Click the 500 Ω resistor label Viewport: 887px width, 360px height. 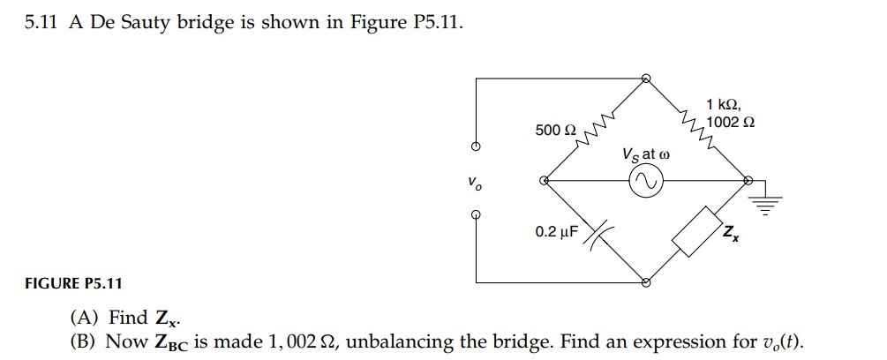(x=555, y=131)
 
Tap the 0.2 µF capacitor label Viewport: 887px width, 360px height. (x=556, y=232)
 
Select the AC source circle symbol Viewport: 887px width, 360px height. (x=645, y=181)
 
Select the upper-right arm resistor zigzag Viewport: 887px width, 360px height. (x=695, y=127)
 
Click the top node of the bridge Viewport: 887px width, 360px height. (x=646, y=79)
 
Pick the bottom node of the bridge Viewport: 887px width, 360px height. (x=646, y=283)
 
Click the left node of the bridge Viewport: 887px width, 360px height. (x=545, y=181)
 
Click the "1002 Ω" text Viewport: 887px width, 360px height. (x=731, y=122)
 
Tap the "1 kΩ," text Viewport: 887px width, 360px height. (x=725, y=106)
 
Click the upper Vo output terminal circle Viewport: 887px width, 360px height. (x=476, y=147)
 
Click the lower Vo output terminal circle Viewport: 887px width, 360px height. (x=476, y=214)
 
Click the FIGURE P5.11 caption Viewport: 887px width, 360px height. (x=73, y=283)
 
